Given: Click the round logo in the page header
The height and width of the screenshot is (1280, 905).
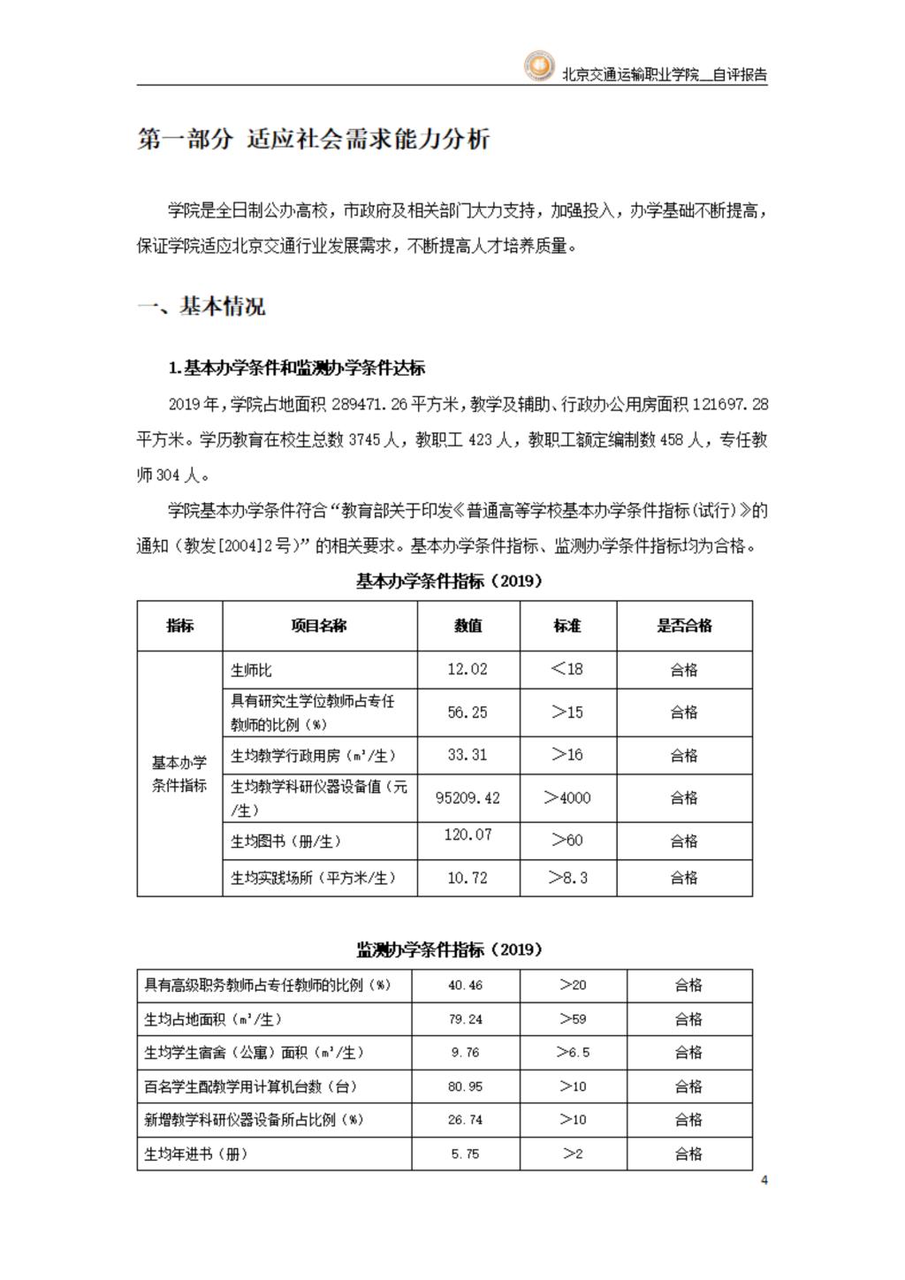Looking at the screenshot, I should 538,66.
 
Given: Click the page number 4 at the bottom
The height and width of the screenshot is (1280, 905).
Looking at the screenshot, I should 764,1180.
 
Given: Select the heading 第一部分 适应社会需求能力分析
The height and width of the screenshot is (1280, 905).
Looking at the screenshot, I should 314,139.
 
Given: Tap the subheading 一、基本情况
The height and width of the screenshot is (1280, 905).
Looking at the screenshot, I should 202,307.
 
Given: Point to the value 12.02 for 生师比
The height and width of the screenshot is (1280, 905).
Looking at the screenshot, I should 468,669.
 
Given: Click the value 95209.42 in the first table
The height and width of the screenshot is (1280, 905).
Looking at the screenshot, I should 468,797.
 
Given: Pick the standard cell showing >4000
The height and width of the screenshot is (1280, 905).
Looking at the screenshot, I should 567,797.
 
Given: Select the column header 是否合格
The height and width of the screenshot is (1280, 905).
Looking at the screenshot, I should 684,626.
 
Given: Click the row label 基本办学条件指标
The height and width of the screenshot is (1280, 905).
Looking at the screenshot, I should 179,773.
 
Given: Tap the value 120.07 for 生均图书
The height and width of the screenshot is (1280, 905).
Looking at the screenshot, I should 468,834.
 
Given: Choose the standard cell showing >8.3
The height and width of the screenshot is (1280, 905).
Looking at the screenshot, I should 567,878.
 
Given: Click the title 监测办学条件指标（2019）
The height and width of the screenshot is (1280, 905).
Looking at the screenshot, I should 449,949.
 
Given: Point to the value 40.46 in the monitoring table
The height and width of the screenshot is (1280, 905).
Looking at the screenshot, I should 466,985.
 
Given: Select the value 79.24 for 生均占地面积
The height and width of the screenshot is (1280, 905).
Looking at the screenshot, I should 466,1019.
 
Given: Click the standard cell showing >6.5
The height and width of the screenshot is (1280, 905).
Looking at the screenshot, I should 573,1053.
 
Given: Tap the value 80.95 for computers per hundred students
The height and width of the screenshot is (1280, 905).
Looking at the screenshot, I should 466,1086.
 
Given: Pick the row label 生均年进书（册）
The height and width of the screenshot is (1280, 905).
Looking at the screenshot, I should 196,1154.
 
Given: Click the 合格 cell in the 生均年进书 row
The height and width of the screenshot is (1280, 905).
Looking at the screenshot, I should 688,1154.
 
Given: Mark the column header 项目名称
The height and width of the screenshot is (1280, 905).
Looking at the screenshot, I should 319,626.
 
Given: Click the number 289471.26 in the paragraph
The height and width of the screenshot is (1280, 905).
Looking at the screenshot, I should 369,405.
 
